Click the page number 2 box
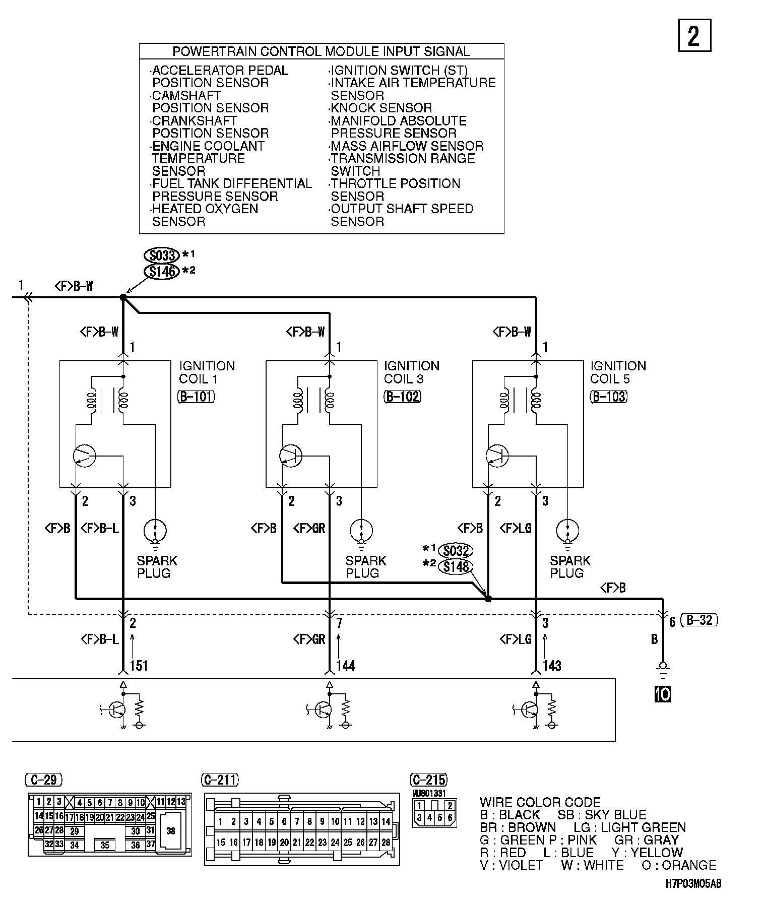[x=694, y=35]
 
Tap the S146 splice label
[x=162, y=272]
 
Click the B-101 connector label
[x=196, y=397]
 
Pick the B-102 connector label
[x=402, y=397]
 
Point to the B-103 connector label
[x=609, y=397]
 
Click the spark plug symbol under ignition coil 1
[x=155, y=531]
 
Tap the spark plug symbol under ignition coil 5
[x=567, y=531]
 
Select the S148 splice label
[x=456, y=567]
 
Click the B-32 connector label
[x=699, y=620]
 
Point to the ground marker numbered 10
[x=663, y=695]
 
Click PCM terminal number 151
[x=139, y=666]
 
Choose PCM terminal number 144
[x=346, y=666]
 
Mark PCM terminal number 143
[x=552, y=666]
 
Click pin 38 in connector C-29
[x=171, y=831]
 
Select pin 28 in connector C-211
[x=386, y=843]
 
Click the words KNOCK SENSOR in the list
[x=381, y=108]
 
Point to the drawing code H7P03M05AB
[x=693, y=884]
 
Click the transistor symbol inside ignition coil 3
[x=291, y=456]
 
